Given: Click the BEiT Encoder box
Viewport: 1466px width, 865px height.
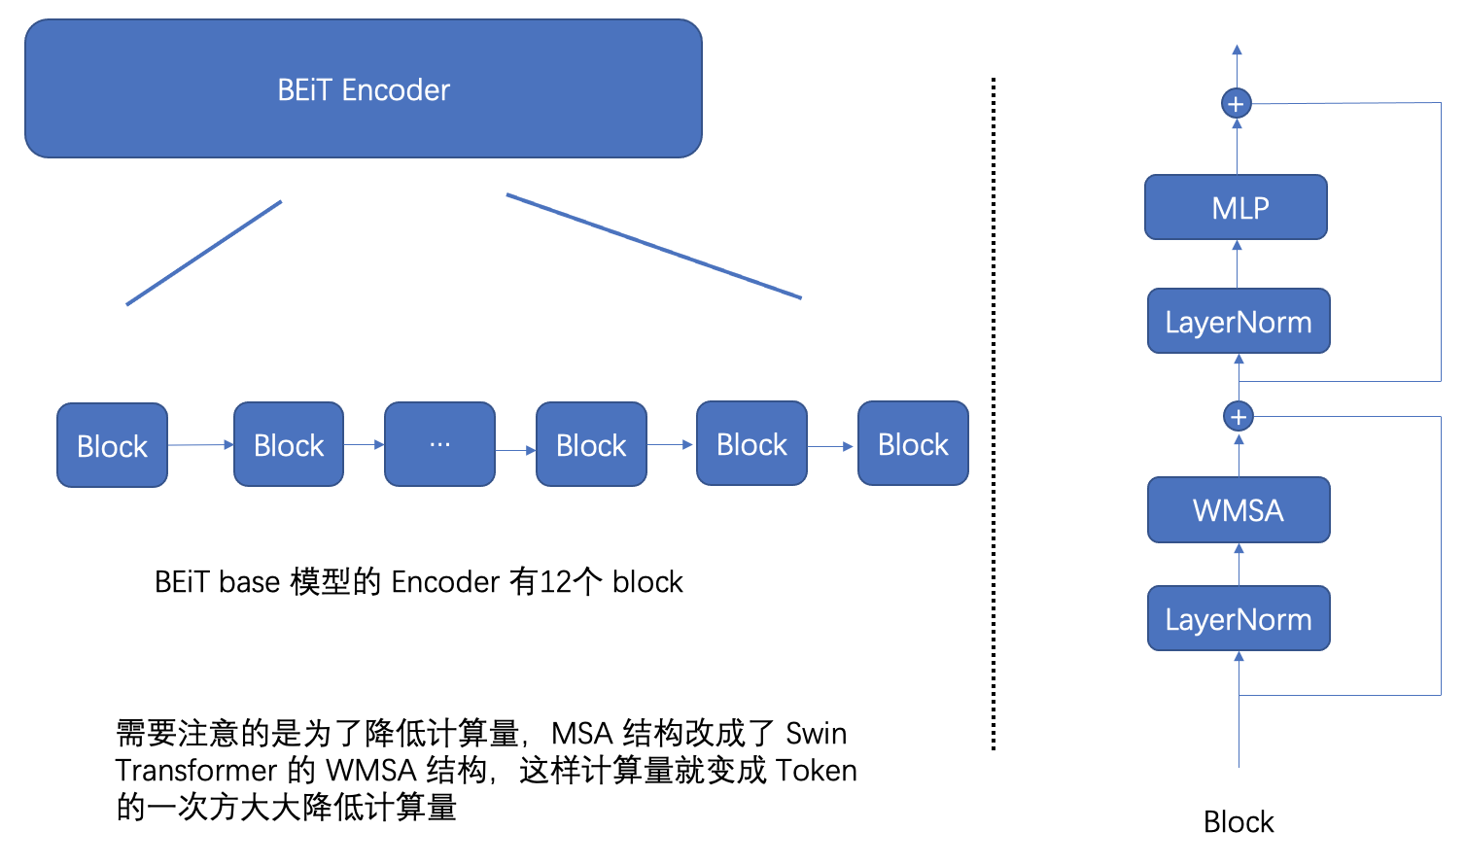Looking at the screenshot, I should [364, 89].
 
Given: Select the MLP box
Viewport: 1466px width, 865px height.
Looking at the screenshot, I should [1236, 207].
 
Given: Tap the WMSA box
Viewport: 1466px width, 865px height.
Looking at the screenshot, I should [1239, 509].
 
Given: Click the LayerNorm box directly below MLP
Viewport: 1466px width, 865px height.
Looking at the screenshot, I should [1239, 322].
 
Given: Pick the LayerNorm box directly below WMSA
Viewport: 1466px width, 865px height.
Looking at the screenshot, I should [1239, 619].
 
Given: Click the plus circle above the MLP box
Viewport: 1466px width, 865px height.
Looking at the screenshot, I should [1236, 103].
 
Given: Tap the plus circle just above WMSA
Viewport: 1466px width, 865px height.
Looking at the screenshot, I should [1238, 417].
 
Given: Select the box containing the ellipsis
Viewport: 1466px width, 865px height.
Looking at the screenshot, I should [439, 445].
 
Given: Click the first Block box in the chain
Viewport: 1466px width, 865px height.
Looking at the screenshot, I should [112, 446].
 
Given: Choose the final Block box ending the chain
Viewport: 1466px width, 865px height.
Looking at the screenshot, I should [913, 444].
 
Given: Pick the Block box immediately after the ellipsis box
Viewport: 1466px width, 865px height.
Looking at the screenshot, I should [591, 445].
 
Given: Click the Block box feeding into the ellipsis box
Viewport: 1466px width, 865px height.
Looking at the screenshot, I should [289, 445].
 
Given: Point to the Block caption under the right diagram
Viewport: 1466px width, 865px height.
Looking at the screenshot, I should [1238, 822].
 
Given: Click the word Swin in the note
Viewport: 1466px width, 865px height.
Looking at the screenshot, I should [816, 733].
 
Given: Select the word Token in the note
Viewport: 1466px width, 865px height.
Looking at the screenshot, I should [817, 771].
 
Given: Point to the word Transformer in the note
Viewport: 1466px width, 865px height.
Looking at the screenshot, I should [195, 771].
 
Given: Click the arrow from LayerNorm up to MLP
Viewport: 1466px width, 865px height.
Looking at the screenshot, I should [1237, 263].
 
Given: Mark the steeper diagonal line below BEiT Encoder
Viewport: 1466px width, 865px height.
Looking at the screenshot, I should [204, 253].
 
